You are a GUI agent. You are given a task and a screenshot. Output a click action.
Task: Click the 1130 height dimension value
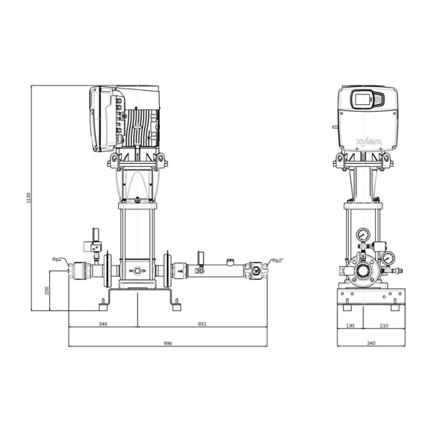tap(29, 197)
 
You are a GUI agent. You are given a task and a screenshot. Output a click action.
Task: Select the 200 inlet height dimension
tap(47, 290)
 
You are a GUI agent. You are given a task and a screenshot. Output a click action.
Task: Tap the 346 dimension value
tap(103, 324)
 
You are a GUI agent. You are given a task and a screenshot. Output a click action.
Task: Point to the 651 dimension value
tap(202, 324)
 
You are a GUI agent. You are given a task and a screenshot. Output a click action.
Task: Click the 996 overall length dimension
tap(168, 344)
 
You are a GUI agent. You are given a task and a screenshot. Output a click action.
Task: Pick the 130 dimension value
tap(350, 326)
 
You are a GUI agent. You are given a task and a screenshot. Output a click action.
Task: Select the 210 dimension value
tap(384, 326)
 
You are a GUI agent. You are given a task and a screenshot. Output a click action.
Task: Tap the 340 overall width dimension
tap(371, 343)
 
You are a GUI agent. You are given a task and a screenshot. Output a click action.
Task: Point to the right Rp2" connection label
tap(278, 260)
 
